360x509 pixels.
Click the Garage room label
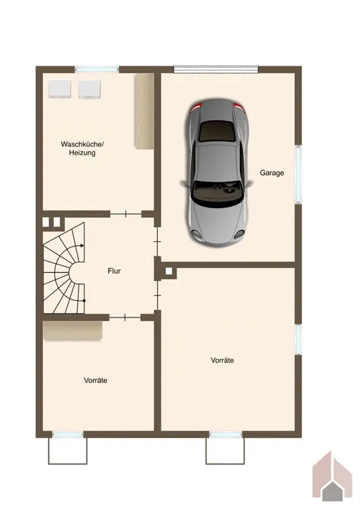point(272,173)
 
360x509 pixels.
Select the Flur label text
point(114,271)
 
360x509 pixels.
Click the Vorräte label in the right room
point(222,360)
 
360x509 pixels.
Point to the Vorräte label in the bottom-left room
point(95,381)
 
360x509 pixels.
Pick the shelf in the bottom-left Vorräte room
point(72,330)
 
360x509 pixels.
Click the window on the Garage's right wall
point(298,173)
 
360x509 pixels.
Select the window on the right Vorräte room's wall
point(298,339)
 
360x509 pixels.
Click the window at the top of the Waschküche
point(97,70)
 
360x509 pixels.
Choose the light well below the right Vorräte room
point(225,449)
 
